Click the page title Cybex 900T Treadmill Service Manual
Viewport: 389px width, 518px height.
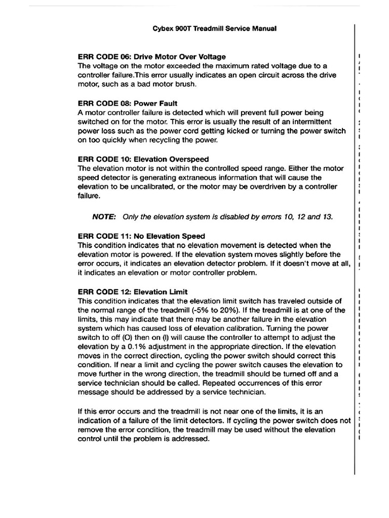point(214,29)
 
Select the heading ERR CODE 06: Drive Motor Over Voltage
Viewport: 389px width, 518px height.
point(152,57)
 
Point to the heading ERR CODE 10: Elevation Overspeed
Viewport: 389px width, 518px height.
point(143,159)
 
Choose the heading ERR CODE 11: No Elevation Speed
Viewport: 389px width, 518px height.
point(141,236)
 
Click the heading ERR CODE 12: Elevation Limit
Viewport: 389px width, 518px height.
point(133,291)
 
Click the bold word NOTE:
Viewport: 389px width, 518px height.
point(104,217)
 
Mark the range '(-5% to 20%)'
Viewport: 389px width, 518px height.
point(248,310)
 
